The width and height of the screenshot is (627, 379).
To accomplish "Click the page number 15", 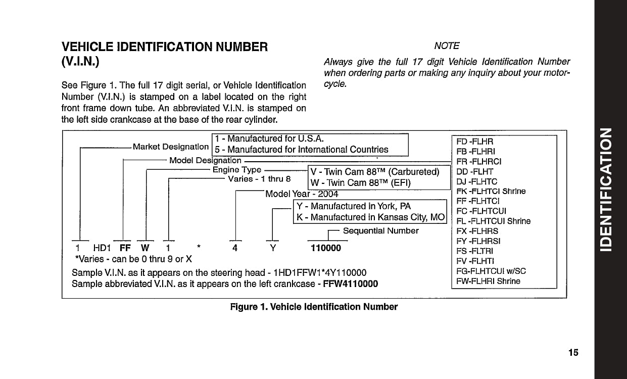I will (573, 353).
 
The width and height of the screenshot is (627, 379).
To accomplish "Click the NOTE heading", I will (447, 46).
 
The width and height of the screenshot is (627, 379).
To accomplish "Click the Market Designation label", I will (171, 147).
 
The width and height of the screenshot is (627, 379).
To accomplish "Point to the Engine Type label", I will (236, 170).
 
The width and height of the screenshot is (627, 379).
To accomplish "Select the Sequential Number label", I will (380, 230).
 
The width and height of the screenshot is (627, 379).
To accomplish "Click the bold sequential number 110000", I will (325, 248).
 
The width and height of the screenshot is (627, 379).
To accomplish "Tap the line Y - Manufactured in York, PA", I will (353, 206).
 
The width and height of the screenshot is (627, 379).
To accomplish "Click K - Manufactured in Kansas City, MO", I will (370, 217).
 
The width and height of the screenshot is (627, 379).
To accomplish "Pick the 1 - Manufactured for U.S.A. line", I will (269, 138).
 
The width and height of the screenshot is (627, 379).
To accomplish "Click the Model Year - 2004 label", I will (302, 194).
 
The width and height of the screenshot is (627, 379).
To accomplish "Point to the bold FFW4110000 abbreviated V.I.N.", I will (349, 283).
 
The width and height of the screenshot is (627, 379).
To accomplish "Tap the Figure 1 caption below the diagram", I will (314, 307).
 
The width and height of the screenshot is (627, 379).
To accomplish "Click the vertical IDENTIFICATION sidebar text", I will (610, 189).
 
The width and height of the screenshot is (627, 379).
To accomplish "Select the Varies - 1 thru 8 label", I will (260, 179).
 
